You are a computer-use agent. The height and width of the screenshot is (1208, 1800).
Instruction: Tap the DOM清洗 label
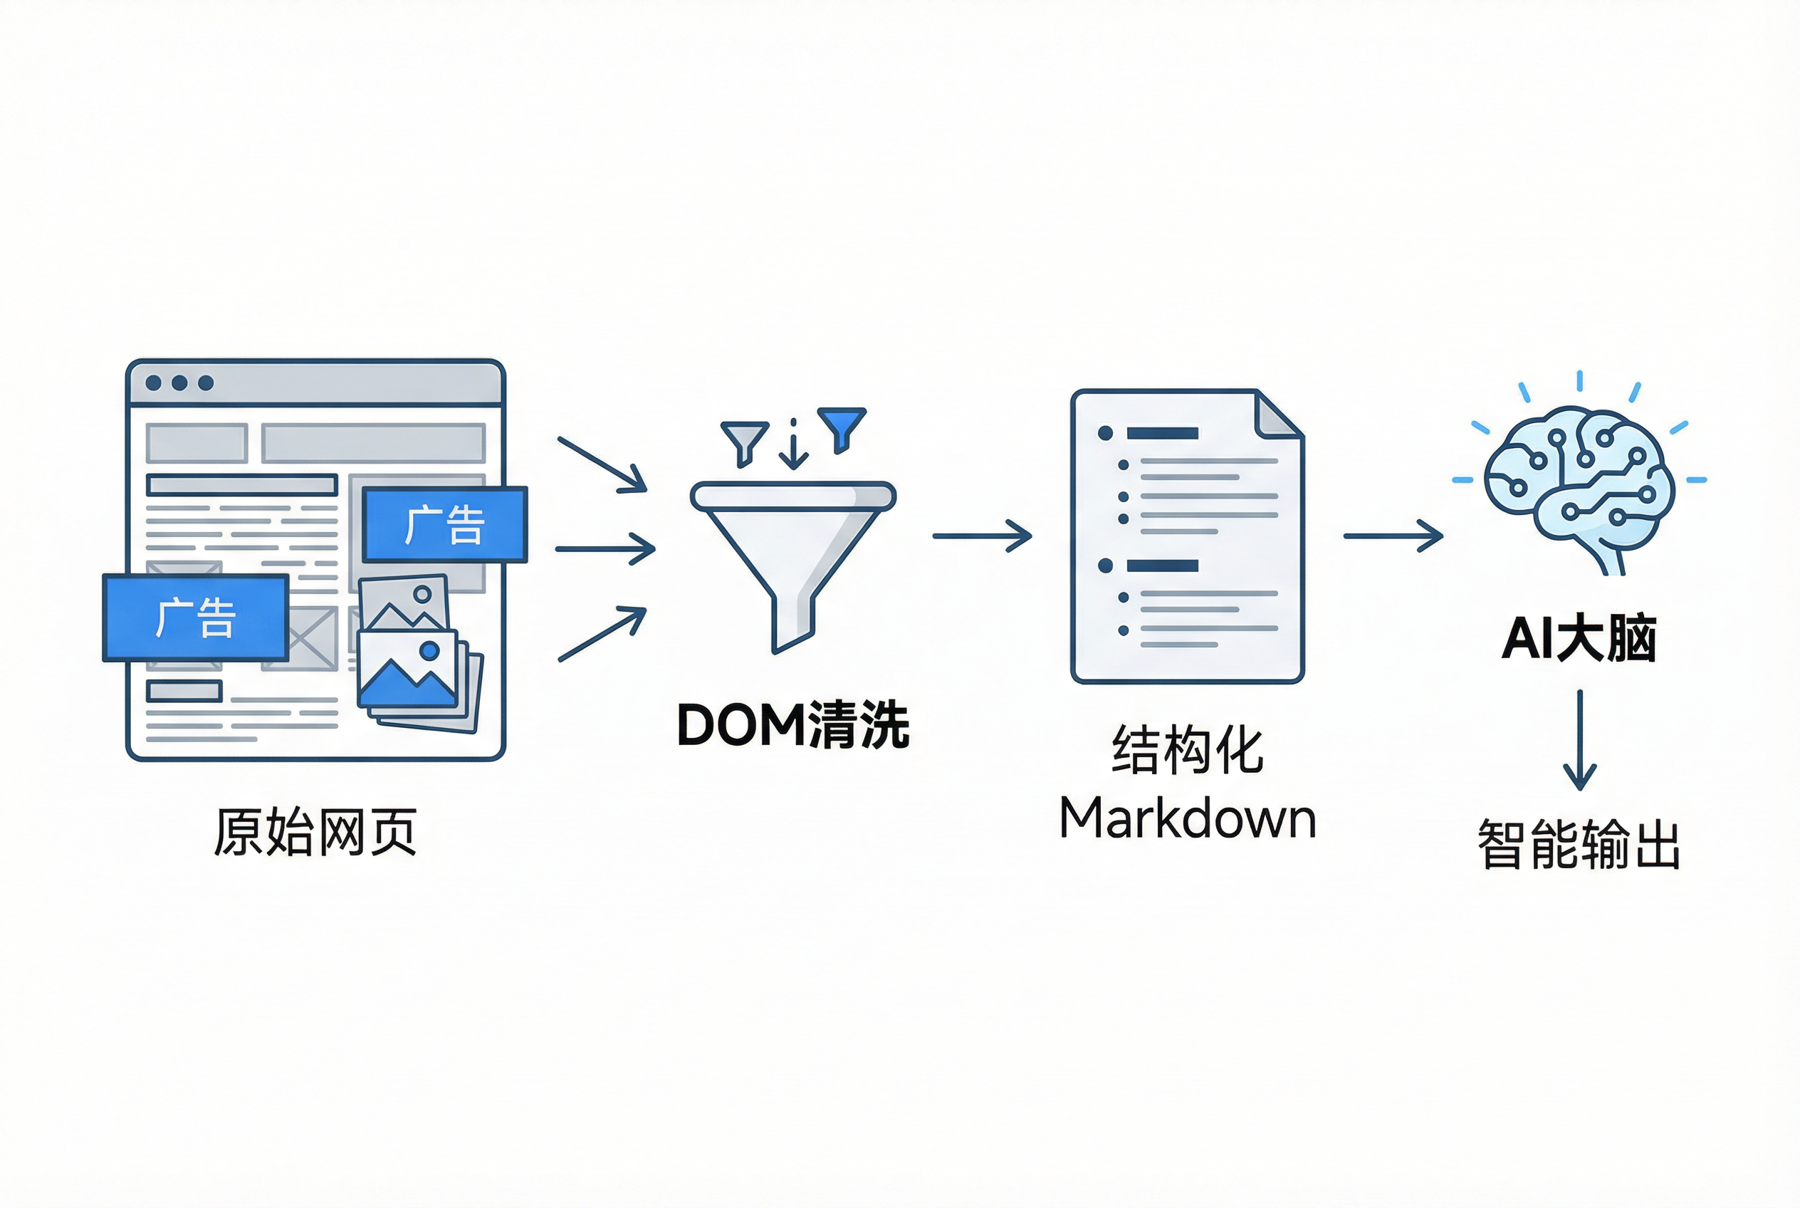pos(792,725)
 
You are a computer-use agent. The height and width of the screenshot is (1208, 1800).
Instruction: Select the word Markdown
pos(1187,818)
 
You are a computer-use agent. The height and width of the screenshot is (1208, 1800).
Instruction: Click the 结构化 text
pos(1187,749)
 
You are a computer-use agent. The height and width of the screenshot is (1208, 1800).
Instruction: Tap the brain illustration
pos(1579,485)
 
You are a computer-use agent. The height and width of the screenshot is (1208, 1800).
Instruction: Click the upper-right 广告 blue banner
pos(445,524)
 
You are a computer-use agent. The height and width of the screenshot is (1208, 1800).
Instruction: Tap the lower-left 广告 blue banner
pos(196,617)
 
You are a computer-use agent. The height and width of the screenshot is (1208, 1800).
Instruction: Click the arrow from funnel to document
pos(982,536)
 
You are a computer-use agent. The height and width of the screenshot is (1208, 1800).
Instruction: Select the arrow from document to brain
pos(1393,536)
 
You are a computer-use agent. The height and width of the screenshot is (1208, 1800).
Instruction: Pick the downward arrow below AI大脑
pos(1579,739)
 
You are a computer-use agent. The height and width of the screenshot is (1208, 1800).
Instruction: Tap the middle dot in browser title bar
pos(179,383)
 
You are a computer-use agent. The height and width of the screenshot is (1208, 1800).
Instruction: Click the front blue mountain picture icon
pos(408,670)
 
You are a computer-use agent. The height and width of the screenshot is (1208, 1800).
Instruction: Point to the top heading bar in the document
pos(1162,433)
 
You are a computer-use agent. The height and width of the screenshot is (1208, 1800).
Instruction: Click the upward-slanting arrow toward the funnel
pos(602,634)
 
